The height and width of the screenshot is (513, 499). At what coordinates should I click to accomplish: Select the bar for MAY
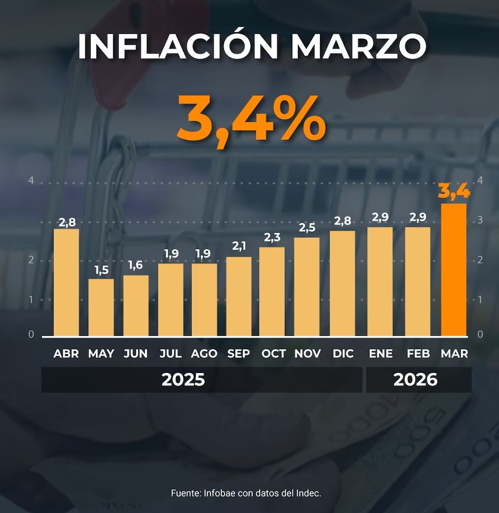pos(101,307)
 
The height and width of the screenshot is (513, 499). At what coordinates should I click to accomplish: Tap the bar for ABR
pos(66,282)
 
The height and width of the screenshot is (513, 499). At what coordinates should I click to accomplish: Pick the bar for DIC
pos(343,283)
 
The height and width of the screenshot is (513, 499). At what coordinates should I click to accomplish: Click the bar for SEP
pos(239,296)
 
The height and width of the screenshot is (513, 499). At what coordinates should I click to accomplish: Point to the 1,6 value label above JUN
pos(136,266)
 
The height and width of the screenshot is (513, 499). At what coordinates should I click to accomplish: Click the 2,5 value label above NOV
pos(307,228)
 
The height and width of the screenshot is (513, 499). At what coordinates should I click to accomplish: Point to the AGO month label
pos(204,354)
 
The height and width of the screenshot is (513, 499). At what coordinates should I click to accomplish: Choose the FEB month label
pos(418,354)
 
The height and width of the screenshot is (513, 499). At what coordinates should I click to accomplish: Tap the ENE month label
pos(380,354)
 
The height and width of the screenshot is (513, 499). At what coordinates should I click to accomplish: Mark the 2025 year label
pos(183,380)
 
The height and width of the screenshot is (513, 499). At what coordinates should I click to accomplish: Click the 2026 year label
pos(415,380)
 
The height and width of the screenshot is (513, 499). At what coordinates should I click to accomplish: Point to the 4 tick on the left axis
pos(31,181)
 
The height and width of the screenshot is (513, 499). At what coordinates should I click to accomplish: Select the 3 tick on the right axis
pos(480,220)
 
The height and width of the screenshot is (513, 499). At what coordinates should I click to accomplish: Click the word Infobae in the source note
pos(218,494)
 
